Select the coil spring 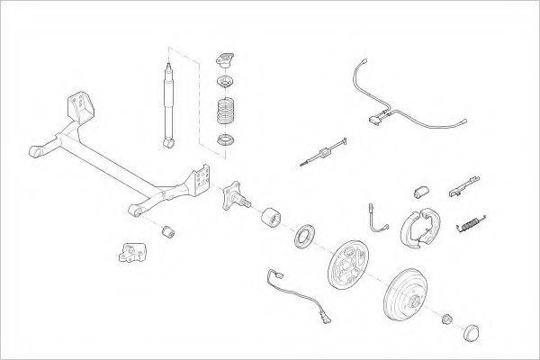point(225,112)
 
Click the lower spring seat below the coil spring point(224,139)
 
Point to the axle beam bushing point(166,234)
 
